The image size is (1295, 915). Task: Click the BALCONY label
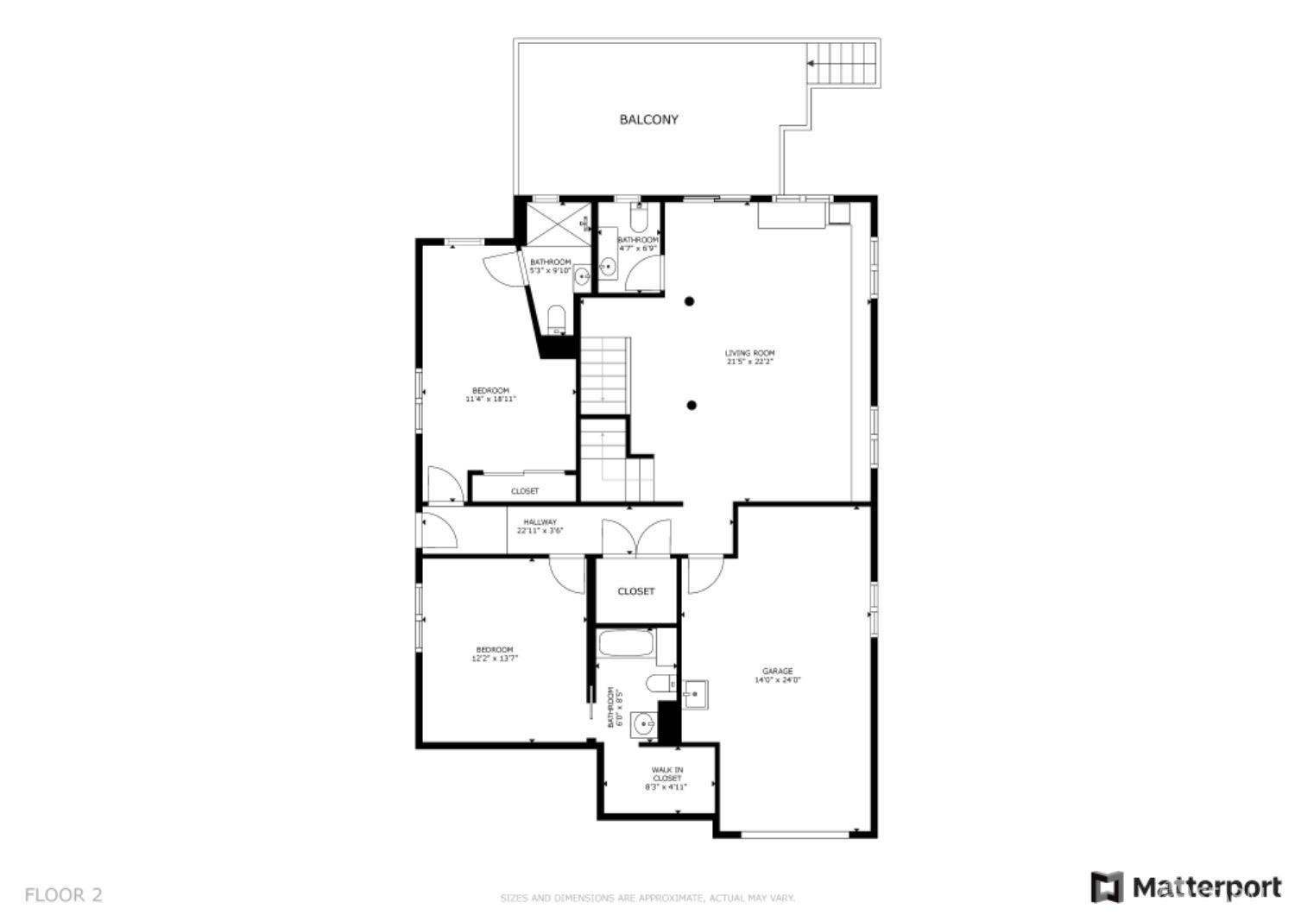pos(648,120)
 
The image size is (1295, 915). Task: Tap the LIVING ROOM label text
pos(749,353)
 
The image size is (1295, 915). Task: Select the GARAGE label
pos(777,671)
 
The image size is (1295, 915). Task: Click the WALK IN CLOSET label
pos(667,773)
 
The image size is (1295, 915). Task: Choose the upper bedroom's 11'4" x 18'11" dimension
pos(490,400)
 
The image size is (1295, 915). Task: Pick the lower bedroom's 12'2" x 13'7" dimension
pos(495,659)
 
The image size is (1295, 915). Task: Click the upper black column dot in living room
pos(690,301)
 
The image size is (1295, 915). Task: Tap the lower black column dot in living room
pos(692,405)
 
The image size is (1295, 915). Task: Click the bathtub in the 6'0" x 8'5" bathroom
pos(626,646)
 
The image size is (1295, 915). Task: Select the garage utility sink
pos(694,694)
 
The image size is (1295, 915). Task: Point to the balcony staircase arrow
pos(812,63)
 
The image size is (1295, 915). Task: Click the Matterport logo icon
pos(1106,887)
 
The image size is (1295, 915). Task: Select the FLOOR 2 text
pos(63,894)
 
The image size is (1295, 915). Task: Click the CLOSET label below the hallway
pos(636,591)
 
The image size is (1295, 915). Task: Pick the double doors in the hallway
pos(636,536)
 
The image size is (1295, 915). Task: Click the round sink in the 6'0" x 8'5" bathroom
pos(643,723)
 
